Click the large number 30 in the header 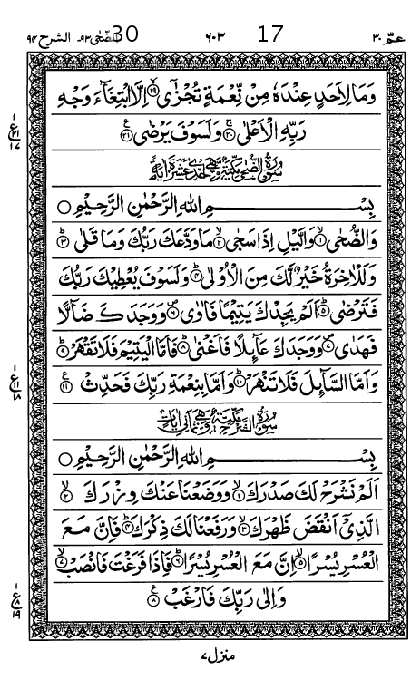point(124,35)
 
